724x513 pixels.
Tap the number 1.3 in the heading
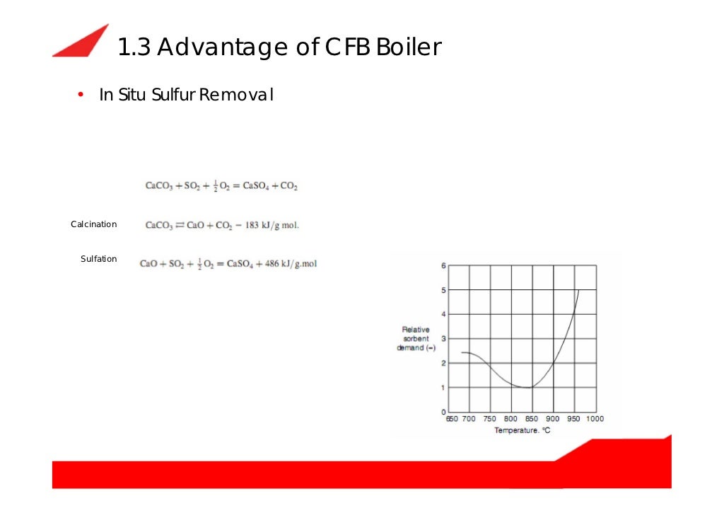pyautogui.click(x=132, y=48)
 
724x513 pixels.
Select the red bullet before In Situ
pyautogui.click(x=81, y=95)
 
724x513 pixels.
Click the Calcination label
pyautogui.click(x=93, y=224)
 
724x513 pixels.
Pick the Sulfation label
pyautogui.click(x=98, y=259)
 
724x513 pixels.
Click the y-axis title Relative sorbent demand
pyautogui.click(x=416, y=339)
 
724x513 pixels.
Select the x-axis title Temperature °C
pyautogui.click(x=522, y=430)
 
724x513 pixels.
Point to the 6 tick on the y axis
pyautogui.click(x=443, y=266)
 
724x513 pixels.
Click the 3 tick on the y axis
pyautogui.click(x=443, y=339)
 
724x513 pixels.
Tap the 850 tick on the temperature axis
pyautogui.click(x=532, y=419)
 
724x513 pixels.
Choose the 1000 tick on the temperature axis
pyautogui.click(x=595, y=419)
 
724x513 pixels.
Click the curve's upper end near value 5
pyautogui.click(x=579, y=290)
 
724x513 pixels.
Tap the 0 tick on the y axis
pyautogui.click(x=443, y=412)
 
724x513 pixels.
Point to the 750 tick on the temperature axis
pyautogui.click(x=489, y=419)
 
